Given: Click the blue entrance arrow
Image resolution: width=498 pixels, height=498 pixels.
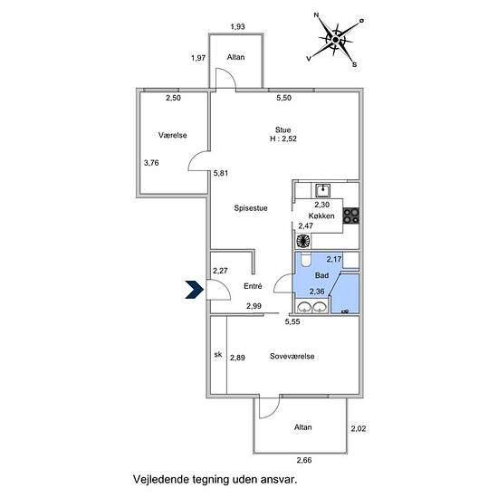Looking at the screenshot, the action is click(195, 290).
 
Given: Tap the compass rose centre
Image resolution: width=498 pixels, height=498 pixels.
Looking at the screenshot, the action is click(336, 40).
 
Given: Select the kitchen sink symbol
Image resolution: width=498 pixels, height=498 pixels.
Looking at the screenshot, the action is click(322, 190).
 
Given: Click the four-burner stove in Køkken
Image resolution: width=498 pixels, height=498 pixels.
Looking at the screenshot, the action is click(351, 215).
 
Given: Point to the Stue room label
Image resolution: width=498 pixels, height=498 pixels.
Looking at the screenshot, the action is click(283, 129).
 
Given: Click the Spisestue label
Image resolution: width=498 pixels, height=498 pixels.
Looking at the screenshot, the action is click(251, 208).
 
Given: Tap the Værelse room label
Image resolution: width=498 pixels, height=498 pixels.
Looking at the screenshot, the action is click(172, 135).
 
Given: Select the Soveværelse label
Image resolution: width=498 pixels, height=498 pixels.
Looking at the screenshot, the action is click(292, 357).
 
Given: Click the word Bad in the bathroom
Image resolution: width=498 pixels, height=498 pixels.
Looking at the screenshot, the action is click(321, 275).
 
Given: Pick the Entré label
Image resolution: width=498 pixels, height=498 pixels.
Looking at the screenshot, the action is click(253, 286).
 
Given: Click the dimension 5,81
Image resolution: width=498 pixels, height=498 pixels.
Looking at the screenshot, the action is click(221, 174).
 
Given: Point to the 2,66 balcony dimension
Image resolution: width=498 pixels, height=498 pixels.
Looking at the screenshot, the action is click(304, 460).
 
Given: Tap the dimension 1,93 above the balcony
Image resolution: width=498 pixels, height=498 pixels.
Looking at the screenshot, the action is click(237, 26).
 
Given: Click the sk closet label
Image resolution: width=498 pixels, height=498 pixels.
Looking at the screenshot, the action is click(218, 354).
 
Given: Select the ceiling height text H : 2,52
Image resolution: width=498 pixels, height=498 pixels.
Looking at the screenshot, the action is click(283, 139).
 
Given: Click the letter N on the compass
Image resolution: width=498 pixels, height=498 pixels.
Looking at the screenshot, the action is click(316, 14).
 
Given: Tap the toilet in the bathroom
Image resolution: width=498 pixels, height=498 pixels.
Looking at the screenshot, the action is click(306, 260).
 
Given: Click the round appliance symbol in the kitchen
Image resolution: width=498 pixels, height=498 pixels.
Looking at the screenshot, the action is click(303, 241).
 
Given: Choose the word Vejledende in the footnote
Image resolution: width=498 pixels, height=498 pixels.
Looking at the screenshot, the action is click(161, 479).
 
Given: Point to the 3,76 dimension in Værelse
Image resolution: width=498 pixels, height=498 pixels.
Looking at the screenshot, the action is click(151, 163).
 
